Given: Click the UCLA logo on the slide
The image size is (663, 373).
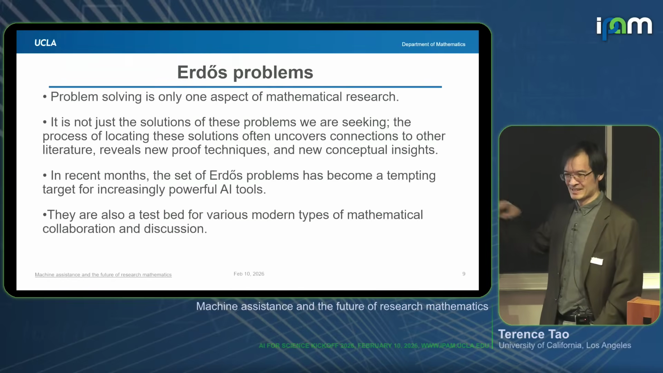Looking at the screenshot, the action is tap(45, 43).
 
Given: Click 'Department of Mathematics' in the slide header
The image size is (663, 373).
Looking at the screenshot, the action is tap(433, 44).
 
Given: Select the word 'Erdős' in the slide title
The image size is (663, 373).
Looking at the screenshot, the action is tap(202, 72).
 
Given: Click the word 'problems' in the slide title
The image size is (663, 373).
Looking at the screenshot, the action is tap(273, 73).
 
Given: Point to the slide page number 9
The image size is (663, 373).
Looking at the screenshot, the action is tap(464, 274).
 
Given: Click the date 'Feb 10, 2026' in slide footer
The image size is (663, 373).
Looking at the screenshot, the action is tap(249, 274).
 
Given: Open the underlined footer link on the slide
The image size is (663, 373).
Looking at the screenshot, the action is tap(103, 275).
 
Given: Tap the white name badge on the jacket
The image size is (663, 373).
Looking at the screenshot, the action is tap(597, 261).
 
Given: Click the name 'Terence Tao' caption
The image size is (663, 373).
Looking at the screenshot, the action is tap(534, 334).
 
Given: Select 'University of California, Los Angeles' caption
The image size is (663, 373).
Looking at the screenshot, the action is tap(565, 345).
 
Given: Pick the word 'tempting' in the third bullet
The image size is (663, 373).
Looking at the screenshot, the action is tap(411, 176).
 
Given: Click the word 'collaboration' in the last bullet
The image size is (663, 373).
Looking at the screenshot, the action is tap(79, 229).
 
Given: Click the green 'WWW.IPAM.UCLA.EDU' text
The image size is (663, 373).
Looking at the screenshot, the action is tap(455, 346).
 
